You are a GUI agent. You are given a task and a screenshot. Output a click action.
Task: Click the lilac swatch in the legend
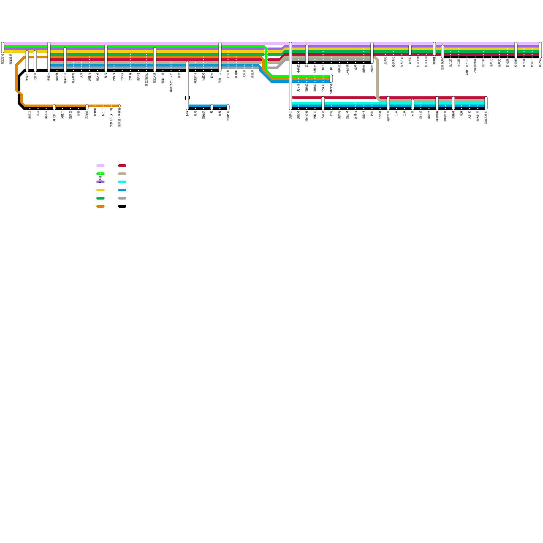pyautogui.click(x=100, y=166)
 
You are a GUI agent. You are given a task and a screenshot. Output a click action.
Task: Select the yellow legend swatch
pyautogui.click(x=100, y=190)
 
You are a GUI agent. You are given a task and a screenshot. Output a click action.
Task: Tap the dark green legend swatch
pyautogui.click(x=100, y=198)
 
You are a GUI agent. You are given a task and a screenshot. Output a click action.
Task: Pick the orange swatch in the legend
pyautogui.click(x=100, y=206)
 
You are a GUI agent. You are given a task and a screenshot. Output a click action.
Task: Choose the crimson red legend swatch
pyautogui.click(x=122, y=166)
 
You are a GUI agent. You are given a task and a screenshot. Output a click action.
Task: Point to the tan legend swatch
pyautogui.click(x=122, y=174)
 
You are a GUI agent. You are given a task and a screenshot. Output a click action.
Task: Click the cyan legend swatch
pyautogui.click(x=122, y=182)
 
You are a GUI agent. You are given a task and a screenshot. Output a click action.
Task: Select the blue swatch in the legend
pyautogui.click(x=122, y=190)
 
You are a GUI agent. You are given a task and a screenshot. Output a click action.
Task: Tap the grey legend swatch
pyautogui.click(x=122, y=198)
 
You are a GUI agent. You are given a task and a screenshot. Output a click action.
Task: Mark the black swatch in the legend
pyautogui.click(x=122, y=206)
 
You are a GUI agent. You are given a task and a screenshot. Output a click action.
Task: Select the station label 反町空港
pyautogui.click(x=331, y=89)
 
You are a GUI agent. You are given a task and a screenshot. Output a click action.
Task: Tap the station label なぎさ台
pyautogui.click(x=402, y=60)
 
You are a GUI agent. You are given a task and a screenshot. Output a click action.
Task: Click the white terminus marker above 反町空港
pyautogui.click(x=331, y=79)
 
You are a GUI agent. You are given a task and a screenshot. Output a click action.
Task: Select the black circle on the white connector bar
pyautogui.click(x=187, y=98)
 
